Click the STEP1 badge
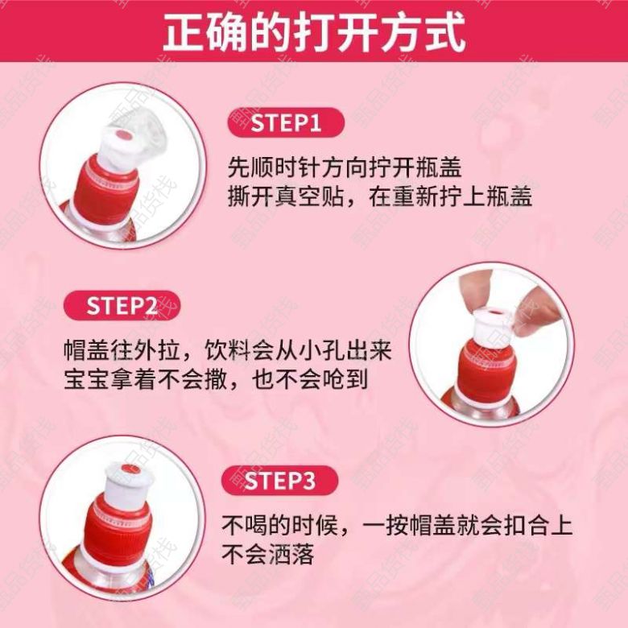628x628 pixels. coord(286,122)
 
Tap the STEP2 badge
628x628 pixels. coord(122,306)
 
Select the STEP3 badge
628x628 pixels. coord(279,481)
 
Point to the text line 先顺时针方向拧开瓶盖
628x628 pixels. coord(345,167)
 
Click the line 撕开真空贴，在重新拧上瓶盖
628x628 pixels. coord(380,196)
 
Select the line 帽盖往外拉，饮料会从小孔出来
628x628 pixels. coord(228,350)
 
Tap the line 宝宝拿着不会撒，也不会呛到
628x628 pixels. coord(216,379)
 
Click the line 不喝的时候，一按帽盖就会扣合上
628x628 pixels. coord(397,526)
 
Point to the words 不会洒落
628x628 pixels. coord(268,554)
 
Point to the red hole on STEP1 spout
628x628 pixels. coord(122,135)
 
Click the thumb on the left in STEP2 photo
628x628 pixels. coord(474,287)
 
